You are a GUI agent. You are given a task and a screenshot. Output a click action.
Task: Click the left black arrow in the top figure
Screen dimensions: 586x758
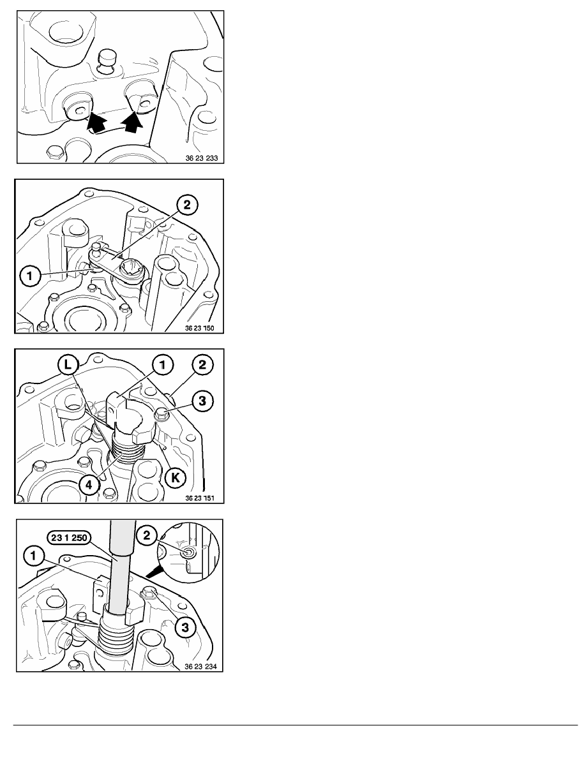[96, 122]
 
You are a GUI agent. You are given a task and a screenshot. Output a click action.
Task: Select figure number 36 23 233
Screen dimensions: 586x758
[202, 158]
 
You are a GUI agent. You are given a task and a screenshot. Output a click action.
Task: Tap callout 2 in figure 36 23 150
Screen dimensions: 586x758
[186, 205]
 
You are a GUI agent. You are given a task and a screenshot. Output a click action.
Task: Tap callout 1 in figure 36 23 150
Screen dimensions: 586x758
[30, 276]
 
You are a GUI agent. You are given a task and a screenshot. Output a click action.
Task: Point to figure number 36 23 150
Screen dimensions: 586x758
[199, 328]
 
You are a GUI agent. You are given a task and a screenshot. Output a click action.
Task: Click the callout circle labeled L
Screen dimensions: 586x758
[67, 365]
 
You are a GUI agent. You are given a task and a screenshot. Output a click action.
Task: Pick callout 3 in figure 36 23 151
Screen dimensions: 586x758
[202, 401]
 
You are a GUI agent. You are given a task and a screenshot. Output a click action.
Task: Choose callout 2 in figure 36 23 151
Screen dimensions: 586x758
[202, 365]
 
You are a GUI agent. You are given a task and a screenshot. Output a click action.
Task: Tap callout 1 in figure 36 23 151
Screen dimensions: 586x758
[162, 365]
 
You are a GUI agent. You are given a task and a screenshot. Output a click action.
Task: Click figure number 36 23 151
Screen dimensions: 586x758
[200, 498]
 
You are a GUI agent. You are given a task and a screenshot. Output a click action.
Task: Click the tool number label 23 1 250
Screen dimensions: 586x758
[69, 538]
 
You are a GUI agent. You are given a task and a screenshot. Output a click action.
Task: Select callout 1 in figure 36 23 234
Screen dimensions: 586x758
[33, 556]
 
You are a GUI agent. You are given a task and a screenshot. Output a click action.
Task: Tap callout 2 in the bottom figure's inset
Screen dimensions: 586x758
[148, 535]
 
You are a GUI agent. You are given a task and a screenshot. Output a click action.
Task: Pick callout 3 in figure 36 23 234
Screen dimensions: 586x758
[184, 627]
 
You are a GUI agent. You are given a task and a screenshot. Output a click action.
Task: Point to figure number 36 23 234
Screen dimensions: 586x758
[200, 666]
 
